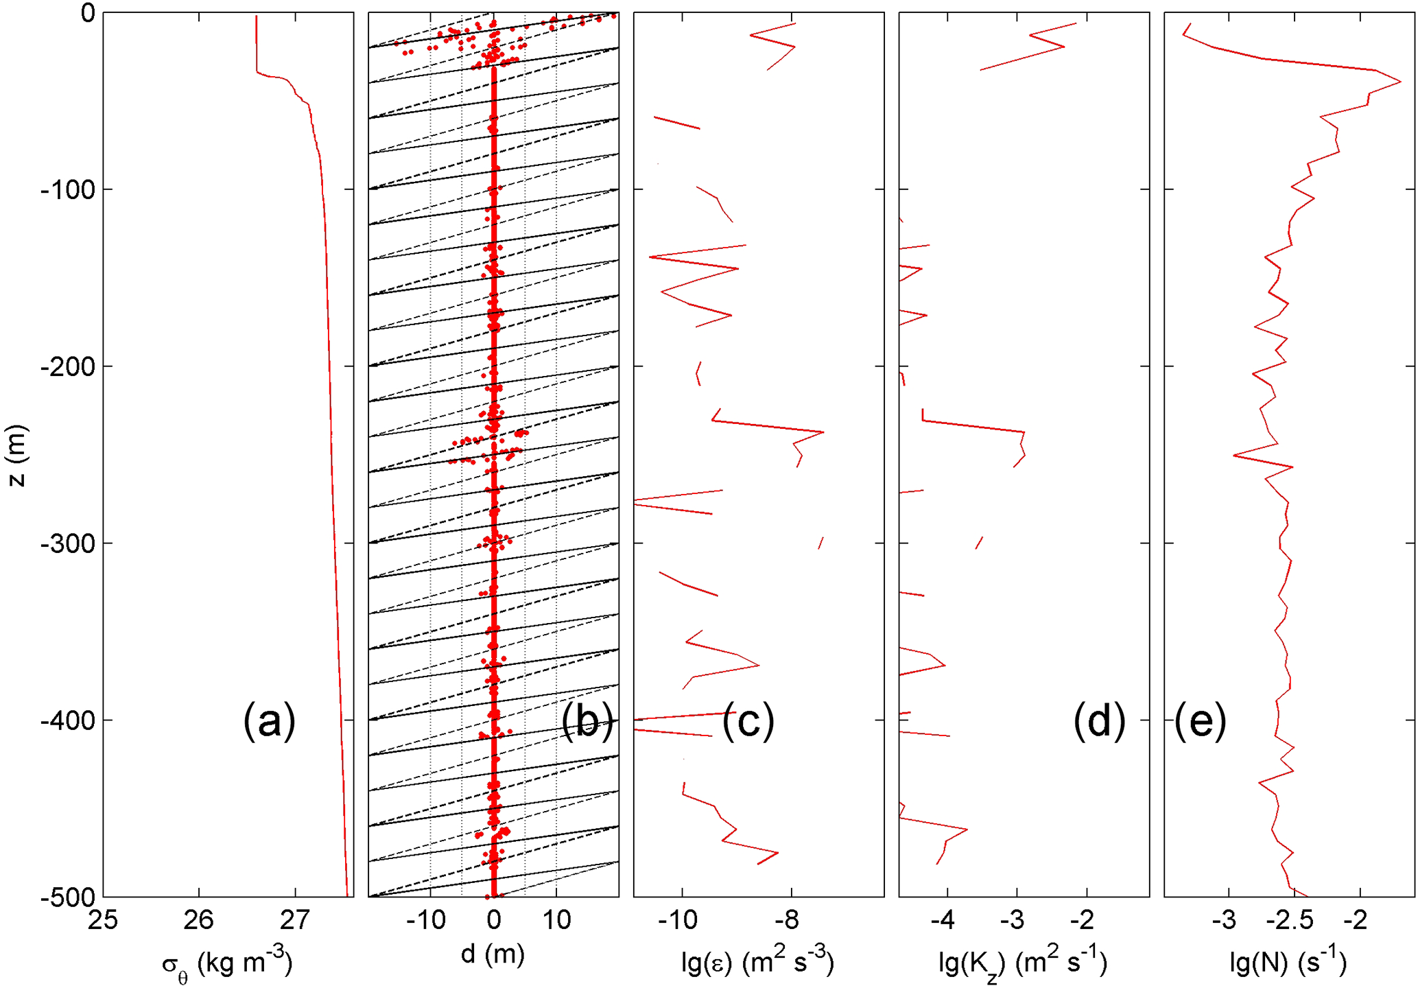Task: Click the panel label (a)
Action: coord(269,721)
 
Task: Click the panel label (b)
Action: coord(587,721)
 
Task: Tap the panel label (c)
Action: coord(748,721)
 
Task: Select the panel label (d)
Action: coord(1099,721)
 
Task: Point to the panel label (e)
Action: coord(1201,721)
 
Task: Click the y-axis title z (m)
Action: coord(16,456)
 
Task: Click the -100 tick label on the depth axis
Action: coord(67,189)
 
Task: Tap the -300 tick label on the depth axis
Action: coord(67,543)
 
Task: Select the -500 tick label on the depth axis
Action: coord(67,897)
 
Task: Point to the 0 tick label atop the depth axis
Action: coord(87,13)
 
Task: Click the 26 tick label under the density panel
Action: coord(199,919)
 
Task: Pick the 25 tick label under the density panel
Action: coord(103,919)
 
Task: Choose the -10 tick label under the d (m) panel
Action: coord(426,919)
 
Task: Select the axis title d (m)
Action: coord(493,954)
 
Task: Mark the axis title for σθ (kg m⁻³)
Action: coord(227,963)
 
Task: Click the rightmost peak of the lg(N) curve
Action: coord(1400,82)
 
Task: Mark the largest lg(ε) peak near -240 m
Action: coord(823,432)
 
